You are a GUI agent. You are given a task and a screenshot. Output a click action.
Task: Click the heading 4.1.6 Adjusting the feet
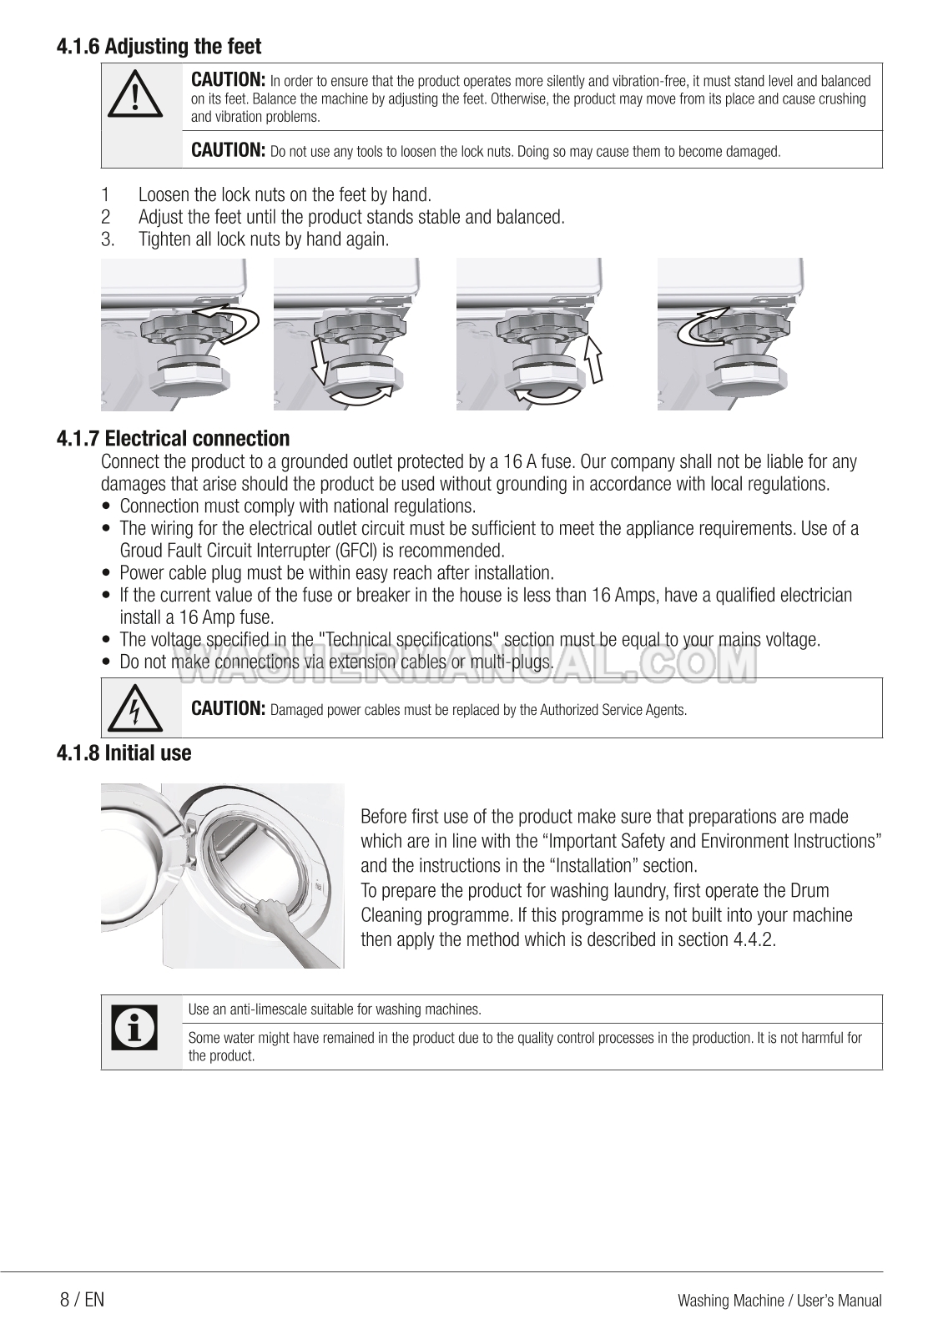coord(159,47)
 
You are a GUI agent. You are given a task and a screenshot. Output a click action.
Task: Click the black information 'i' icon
coord(134,1029)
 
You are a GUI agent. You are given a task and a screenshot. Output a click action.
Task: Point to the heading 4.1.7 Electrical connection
coord(173,439)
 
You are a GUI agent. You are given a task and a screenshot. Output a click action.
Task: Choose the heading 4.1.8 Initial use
coord(124,753)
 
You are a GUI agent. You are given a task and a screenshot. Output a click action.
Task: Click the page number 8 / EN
coord(82,1300)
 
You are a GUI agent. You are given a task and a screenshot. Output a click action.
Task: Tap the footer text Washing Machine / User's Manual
coord(779,1301)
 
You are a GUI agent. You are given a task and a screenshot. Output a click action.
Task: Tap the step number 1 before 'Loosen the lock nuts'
coord(105,195)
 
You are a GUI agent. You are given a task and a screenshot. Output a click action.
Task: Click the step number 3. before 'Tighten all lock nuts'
coord(107,240)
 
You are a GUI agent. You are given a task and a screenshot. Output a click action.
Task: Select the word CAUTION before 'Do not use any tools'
coord(228,150)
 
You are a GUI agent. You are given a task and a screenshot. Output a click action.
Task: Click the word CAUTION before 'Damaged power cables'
coord(228,708)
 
